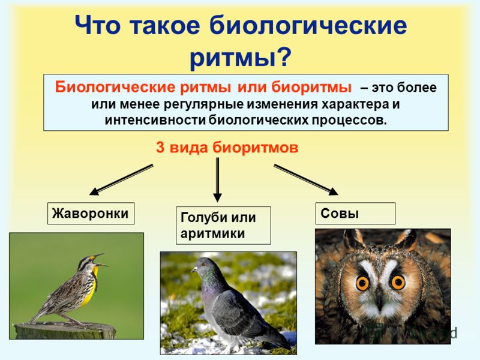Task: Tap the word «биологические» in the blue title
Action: (308, 25)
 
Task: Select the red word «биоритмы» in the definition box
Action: (311, 88)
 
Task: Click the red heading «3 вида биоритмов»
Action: (227, 148)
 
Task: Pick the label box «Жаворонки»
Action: (91, 214)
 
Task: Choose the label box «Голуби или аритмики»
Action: (223, 226)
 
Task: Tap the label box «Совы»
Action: (355, 213)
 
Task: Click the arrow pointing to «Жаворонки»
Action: (121, 179)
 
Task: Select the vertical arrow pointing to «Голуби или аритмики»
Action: (217, 179)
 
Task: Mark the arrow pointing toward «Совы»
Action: (306, 179)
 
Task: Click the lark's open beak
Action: (101, 260)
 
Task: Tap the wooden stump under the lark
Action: (65, 331)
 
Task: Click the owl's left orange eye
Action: (363, 283)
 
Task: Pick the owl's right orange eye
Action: (398, 282)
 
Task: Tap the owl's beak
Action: (380, 302)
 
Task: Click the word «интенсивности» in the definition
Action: (155, 121)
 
